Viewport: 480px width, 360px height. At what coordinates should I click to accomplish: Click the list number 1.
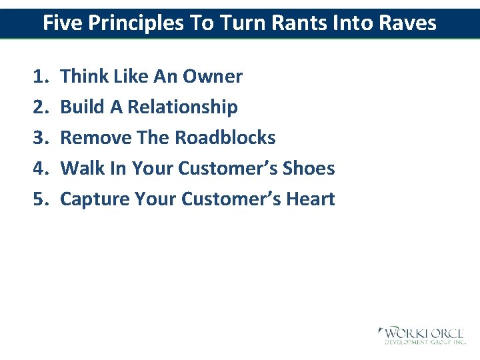tap(39, 77)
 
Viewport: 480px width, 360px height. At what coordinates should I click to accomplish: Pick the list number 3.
tap(39, 138)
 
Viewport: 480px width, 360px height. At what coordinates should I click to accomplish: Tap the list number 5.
tap(39, 199)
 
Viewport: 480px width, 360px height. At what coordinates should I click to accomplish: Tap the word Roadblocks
tap(225, 138)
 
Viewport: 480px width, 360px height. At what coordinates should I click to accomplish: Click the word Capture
tap(95, 199)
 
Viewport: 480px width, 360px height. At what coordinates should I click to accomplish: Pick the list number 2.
tap(39, 107)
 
